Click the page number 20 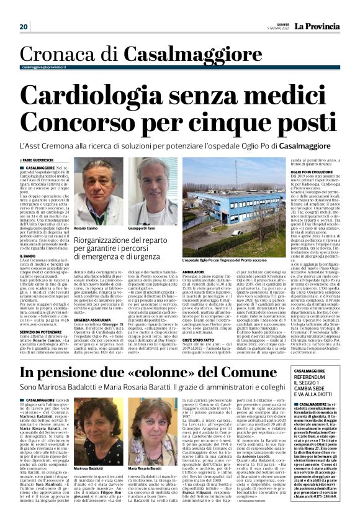(24, 27)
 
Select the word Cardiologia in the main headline (107, 96)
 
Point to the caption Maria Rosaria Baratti (146, 466)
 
